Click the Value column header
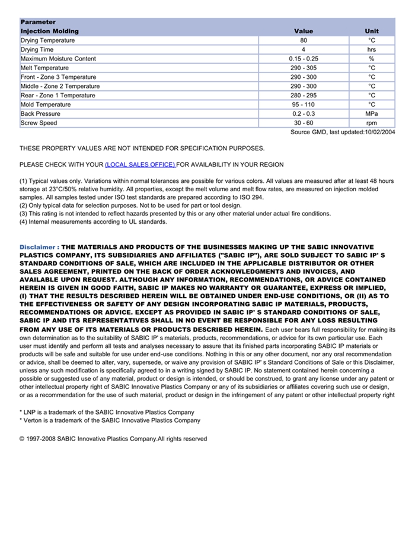pyautogui.click(x=303, y=31)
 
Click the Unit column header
pyautogui.click(x=372, y=31)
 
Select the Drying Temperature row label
pyautogui.click(x=48, y=40)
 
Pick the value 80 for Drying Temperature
pyautogui.click(x=304, y=40)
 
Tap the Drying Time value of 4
pyautogui.click(x=304, y=50)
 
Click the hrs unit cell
pyautogui.click(x=372, y=50)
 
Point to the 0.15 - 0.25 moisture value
pyautogui.click(x=304, y=59)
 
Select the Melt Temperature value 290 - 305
pyautogui.click(x=304, y=68)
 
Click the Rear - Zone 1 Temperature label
pyautogui.click(x=58, y=96)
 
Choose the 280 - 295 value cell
pyautogui.click(x=304, y=96)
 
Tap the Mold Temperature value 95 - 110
pyautogui.click(x=304, y=105)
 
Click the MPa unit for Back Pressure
pyautogui.click(x=372, y=114)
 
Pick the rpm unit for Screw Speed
pyautogui.click(x=372, y=123)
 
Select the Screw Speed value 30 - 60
pyautogui.click(x=304, y=123)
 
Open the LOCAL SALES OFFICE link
pyautogui.click(x=140, y=164)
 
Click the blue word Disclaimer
pyautogui.click(x=37, y=247)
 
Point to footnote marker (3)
pyautogui.click(x=24, y=214)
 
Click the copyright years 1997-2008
pyautogui.click(x=42, y=439)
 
